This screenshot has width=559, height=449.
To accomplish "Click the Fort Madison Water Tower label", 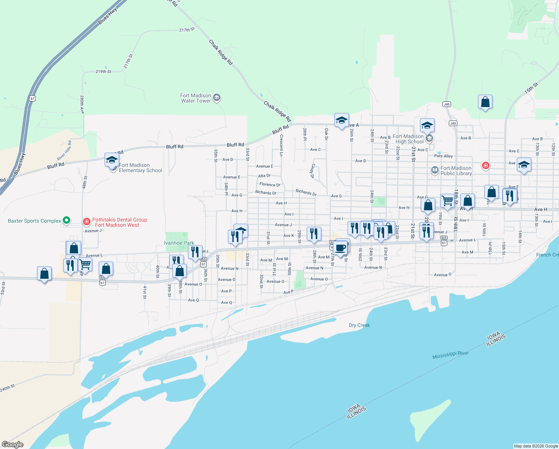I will pyautogui.click(x=195, y=98).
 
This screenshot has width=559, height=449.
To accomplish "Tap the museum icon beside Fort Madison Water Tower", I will pyautogui.click(x=217, y=98).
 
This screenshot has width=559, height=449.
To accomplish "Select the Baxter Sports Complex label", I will pyautogui.click(x=34, y=221).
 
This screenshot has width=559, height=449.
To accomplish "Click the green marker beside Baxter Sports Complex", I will pyautogui.click(x=67, y=220).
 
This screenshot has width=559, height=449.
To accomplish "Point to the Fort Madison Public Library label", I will pyautogui.click(x=456, y=171).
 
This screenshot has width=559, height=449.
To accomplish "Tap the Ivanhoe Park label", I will pyautogui.click(x=179, y=243).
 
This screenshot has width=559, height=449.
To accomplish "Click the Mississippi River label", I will pyautogui.click(x=450, y=355).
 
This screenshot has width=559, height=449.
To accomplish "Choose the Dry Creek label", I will pyautogui.click(x=359, y=325).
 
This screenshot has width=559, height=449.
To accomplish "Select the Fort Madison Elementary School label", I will pyautogui.click(x=140, y=168).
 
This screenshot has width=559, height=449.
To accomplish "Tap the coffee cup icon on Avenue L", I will pyautogui.click(x=340, y=248).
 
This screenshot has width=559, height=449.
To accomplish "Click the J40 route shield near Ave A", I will pyautogui.click(x=453, y=123).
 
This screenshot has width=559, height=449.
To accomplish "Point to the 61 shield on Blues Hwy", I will pyautogui.click(x=32, y=98).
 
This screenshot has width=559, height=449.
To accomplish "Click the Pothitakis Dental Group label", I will pyautogui.click(x=120, y=223).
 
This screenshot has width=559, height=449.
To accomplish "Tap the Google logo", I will pyautogui.click(x=13, y=445).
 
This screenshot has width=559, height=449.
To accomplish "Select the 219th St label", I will pyautogui.click(x=103, y=71).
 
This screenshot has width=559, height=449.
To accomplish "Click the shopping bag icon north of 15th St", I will pyautogui.click(x=485, y=102).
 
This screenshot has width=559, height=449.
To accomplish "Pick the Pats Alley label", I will pyautogui.click(x=443, y=156).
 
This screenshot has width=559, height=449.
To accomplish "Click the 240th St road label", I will pyautogui.click(x=7, y=388).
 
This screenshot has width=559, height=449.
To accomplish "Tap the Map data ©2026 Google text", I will pyautogui.click(x=536, y=446).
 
